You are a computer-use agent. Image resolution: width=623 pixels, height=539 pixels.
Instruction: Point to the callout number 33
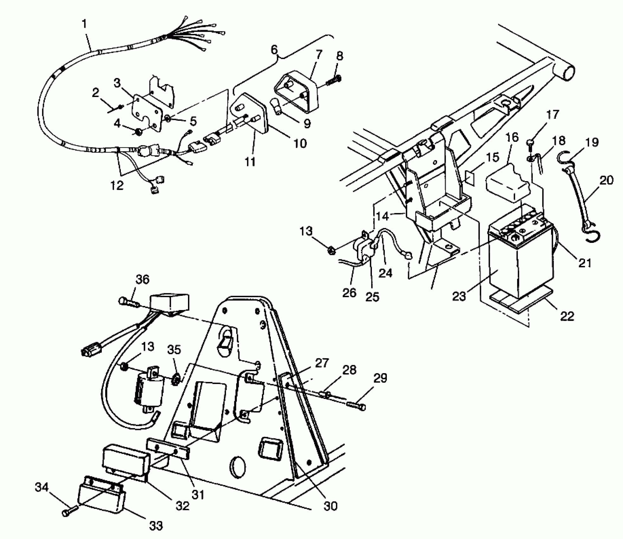156,526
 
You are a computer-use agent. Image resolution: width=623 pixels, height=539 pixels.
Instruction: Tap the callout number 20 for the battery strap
606,180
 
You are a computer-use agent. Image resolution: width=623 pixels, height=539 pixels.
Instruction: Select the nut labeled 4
139,132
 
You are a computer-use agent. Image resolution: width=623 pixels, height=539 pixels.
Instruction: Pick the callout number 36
142,280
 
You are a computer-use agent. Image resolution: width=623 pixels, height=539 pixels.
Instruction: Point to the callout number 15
493,157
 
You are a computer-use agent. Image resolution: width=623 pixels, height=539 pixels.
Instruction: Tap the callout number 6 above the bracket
274,50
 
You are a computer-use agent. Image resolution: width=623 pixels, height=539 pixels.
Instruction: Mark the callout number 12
117,185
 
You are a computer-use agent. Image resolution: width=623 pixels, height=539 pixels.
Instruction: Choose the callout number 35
174,350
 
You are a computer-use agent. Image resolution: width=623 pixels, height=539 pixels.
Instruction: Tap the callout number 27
321,363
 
